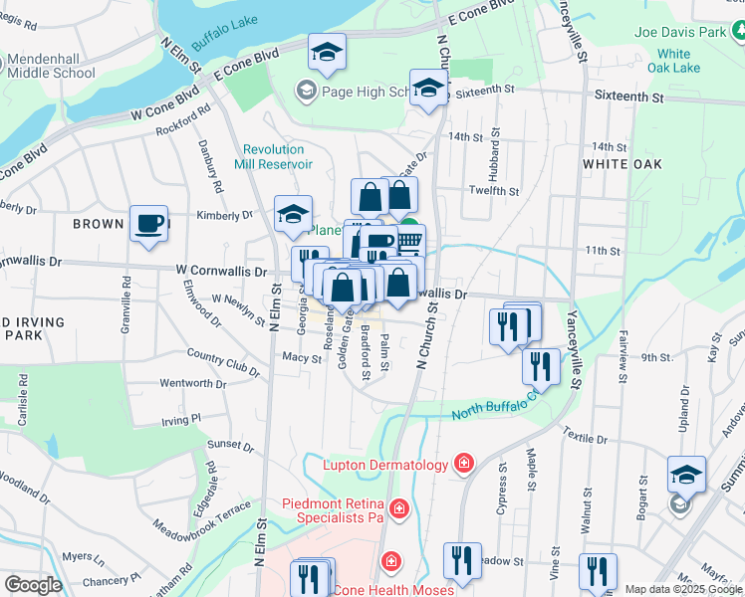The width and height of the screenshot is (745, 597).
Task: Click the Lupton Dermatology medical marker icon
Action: pos(462,464)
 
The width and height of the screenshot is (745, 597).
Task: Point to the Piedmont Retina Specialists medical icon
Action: pos(398,509)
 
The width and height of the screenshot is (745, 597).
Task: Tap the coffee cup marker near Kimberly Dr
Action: pos(148,223)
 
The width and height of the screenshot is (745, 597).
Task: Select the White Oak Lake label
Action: pos(673,61)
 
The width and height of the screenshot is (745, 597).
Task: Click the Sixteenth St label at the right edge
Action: pos(627,98)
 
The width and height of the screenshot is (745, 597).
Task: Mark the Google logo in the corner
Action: pos(33,585)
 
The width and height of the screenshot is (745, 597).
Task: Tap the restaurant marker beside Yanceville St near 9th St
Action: pos(541,365)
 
